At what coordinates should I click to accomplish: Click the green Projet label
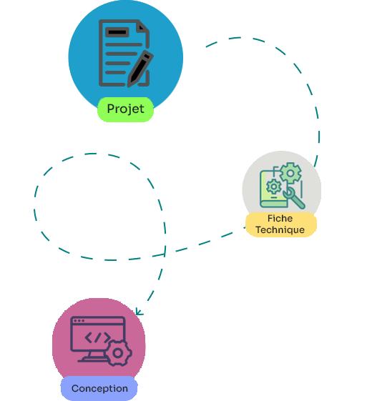pyautogui.click(x=125, y=109)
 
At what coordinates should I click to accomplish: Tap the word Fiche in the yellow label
pyautogui.click(x=280, y=219)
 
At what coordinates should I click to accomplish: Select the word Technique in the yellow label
pyautogui.click(x=280, y=230)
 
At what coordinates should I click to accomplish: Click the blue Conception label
pyautogui.click(x=99, y=388)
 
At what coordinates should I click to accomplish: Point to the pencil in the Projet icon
pyautogui.click(x=140, y=69)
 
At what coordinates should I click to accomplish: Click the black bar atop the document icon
pyautogui.click(x=117, y=32)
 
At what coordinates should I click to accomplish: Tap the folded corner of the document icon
pyautogui.click(x=143, y=26)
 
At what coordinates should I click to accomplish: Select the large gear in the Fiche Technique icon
pyautogui.click(x=290, y=173)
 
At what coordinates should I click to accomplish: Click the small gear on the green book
pyautogui.click(x=273, y=187)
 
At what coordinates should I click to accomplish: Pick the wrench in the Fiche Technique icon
pyautogui.click(x=294, y=197)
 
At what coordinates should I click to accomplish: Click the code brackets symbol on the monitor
pyautogui.click(x=97, y=337)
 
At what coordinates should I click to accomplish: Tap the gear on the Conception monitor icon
pyautogui.click(x=118, y=353)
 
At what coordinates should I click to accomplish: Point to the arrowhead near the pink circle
pyautogui.click(x=139, y=312)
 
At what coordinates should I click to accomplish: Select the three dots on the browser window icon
pyautogui.click(x=79, y=321)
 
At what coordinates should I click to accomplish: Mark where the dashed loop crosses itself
pyautogui.click(x=165, y=254)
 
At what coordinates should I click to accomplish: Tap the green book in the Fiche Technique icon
pyautogui.click(x=273, y=189)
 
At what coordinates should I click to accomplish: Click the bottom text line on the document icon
pyautogui.click(x=115, y=72)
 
